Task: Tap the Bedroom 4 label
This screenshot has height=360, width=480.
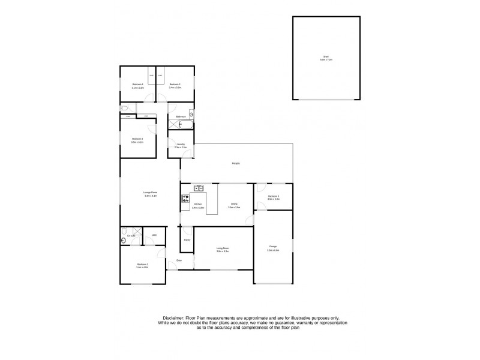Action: click(x=137, y=86)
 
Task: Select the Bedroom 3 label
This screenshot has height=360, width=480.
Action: click(x=175, y=86)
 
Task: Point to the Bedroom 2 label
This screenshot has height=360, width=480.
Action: click(x=137, y=140)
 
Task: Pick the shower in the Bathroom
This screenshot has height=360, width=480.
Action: click(x=173, y=125)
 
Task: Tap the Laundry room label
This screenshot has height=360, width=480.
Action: click(x=181, y=145)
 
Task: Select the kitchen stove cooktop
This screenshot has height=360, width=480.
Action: click(x=185, y=199)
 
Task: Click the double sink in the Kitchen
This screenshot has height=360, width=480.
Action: click(x=199, y=188)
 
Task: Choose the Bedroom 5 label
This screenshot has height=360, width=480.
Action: click(x=274, y=197)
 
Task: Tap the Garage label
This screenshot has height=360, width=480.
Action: click(x=273, y=247)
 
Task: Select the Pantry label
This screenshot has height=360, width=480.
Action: click(x=187, y=239)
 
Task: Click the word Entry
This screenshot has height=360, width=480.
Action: click(x=179, y=260)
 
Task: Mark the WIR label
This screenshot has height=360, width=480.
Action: click(x=154, y=235)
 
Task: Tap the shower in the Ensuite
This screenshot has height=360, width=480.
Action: click(x=137, y=232)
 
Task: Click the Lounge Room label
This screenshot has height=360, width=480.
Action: click(x=150, y=193)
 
